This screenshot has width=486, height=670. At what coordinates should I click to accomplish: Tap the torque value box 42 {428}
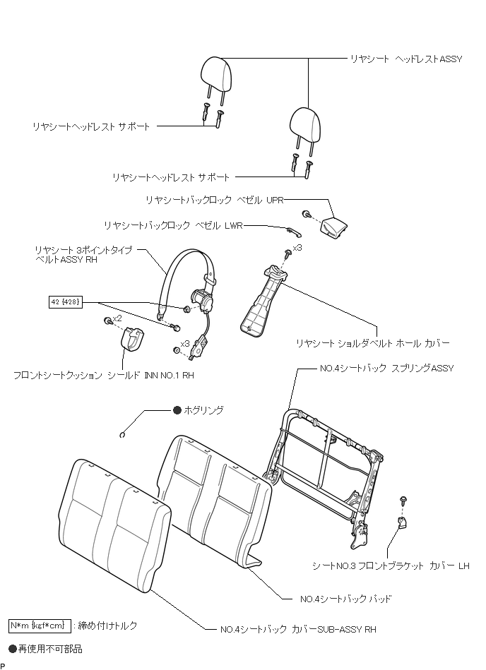pyautogui.click(x=66, y=301)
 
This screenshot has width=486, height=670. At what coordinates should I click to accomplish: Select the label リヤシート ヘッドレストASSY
pyautogui.click(x=406, y=59)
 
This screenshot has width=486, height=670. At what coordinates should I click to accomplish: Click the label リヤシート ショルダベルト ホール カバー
pyautogui.click(x=373, y=344)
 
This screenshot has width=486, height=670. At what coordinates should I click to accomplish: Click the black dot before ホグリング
pyautogui.click(x=177, y=409)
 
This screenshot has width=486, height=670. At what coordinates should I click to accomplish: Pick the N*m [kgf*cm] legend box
pyautogui.click(x=40, y=626)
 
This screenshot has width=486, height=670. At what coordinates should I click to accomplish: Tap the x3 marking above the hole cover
pyautogui.click(x=297, y=248)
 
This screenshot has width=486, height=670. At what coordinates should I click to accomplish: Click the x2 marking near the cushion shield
pyautogui.click(x=118, y=318)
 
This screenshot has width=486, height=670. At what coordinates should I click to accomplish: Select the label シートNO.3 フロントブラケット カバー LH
pyautogui.click(x=391, y=566)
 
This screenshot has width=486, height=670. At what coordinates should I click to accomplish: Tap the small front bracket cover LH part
pyautogui.click(x=401, y=522)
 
